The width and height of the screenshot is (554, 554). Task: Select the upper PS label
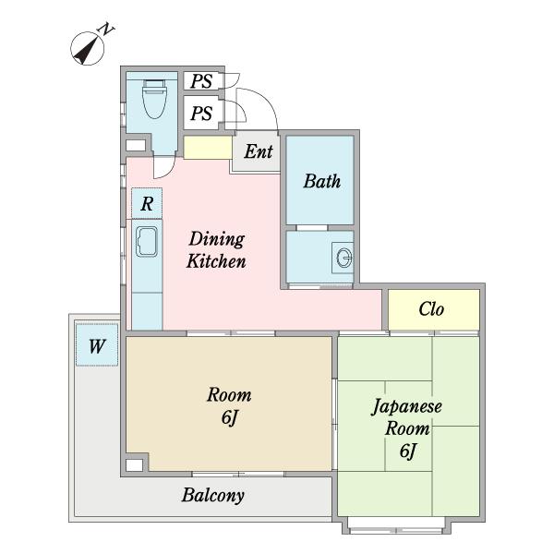click(201, 82)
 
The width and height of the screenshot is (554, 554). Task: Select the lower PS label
click(201, 114)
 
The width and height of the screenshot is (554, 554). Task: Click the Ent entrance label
click(259, 152)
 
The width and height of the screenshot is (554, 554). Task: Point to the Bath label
click(321, 181)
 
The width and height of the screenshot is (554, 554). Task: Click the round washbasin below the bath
click(344, 258)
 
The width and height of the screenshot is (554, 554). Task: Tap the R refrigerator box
click(146, 202)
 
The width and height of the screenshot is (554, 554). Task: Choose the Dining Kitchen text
click(217, 250)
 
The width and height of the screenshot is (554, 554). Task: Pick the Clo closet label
click(432, 309)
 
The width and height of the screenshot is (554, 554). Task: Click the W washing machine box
click(96, 347)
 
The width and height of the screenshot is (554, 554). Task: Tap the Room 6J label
click(229, 406)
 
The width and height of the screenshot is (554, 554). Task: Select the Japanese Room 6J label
click(408, 428)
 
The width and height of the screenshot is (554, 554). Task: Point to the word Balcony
click(212, 495)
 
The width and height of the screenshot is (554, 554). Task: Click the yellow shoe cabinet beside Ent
click(207, 147)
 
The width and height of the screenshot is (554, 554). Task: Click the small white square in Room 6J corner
click(135, 464)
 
